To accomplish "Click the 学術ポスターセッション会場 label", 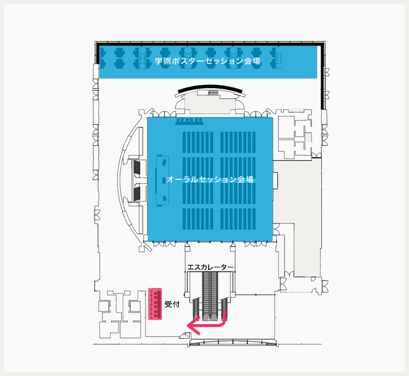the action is coord(208,61).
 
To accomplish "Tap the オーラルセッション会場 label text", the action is coord(210,180).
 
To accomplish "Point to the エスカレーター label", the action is coord(210,267).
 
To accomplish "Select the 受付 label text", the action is coord(172,304).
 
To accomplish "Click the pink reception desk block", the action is coord(155,304).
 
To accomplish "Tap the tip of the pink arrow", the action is coord(188,325).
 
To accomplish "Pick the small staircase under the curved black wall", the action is coord(213,93).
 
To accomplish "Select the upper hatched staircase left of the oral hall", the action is coord(137,168).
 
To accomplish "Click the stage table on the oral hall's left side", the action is coord(162,180).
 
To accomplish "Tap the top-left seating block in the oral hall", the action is coord(198,142).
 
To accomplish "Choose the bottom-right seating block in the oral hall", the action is coord(238,219).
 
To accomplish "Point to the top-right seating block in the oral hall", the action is coord(238,142).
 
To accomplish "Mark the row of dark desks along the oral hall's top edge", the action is coord(189,121).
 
